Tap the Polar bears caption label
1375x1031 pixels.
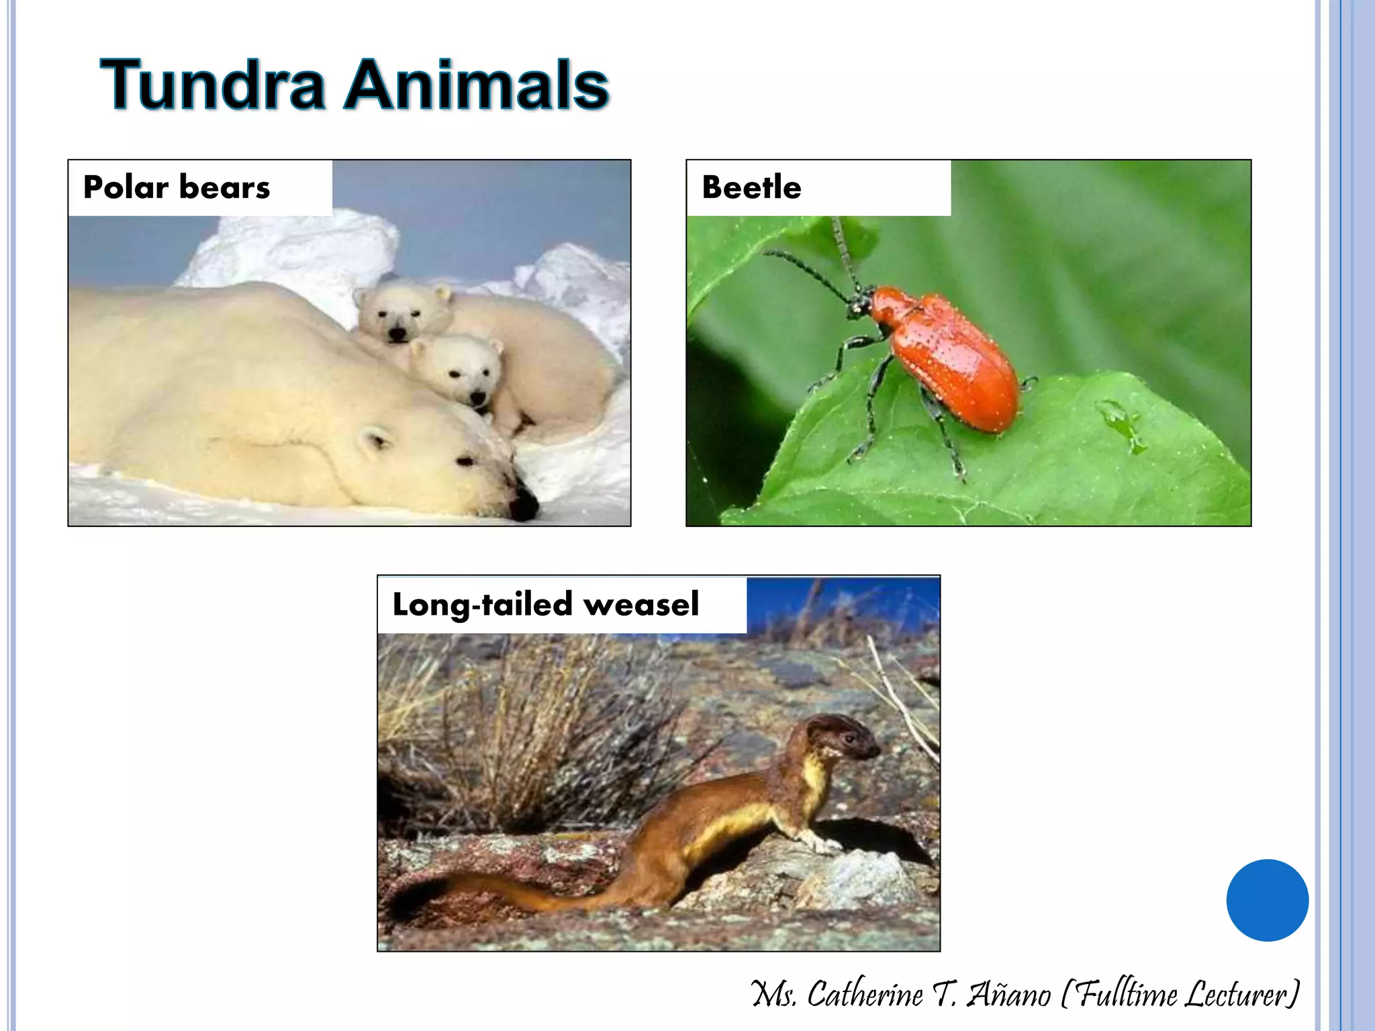click(177, 187)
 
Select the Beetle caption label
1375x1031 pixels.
click(751, 187)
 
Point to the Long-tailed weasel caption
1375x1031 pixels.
click(545, 604)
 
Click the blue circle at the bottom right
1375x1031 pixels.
click(1267, 900)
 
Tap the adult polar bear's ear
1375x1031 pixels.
click(373, 442)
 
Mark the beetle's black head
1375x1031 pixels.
click(860, 302)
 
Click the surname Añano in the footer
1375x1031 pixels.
click(1008, 994)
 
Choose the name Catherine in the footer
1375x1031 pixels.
click(865, 994)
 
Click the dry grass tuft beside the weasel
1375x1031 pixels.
click(537, 732)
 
